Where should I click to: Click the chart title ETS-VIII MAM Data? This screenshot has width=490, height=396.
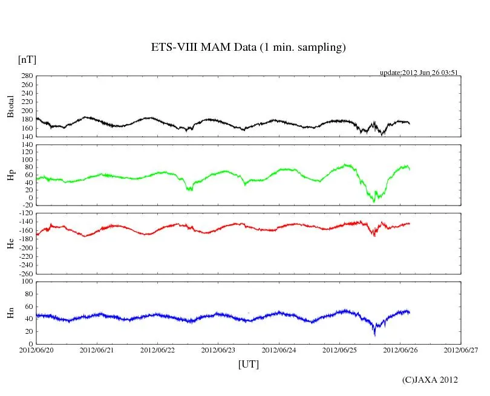tap(248, 48)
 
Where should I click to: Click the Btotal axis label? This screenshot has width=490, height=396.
tap(10, 106)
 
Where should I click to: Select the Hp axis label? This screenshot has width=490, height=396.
tap(10, 175)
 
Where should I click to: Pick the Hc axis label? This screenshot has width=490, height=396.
tap(10, 243)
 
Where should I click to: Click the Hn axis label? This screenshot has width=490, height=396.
tap(10, 313)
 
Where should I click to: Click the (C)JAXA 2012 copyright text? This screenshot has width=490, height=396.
tap(430, 380)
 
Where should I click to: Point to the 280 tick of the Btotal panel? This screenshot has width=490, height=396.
tap(27, 76)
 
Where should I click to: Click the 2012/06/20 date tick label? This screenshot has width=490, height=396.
tap(36, 349)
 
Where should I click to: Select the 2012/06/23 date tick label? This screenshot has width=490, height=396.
tap(218, 349)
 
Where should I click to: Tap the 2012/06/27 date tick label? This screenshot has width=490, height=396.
tap(460, 349)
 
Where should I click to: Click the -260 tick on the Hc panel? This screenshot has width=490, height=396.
tap(25, 274)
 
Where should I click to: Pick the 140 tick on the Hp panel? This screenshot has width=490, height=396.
tap(27, 145)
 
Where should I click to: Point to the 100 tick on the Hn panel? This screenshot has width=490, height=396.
tap(27, 282)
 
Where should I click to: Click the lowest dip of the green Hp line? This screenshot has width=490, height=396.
tap(374, 201)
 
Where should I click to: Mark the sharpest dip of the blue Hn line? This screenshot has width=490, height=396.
tap(374, 334)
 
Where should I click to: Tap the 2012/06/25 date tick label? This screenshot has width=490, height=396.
tap(339, 349)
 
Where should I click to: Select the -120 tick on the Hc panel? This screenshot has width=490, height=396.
tap(25, 213)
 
